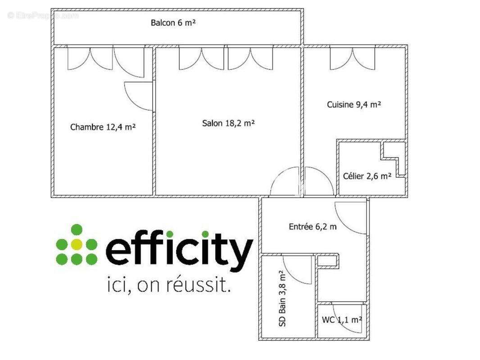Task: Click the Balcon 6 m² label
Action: (x=173, y=22)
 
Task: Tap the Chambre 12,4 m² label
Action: (x=103, y=126)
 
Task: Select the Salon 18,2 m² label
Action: (x=228, y=123)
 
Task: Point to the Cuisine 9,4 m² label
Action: (x=354, y=104)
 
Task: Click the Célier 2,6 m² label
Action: (x=367, y=176)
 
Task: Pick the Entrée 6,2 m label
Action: (x=312, y=227)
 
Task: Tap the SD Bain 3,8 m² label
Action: (x=282, y=298)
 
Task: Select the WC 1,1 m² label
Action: (x=342, y=320)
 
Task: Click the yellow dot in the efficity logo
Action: (x=77, y=244)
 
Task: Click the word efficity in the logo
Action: (x=179, y=250)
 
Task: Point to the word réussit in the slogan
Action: (x=199, y=285)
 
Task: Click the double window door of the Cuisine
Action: (x=353, y=59)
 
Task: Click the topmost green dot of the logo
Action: (x=77, y=229)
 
